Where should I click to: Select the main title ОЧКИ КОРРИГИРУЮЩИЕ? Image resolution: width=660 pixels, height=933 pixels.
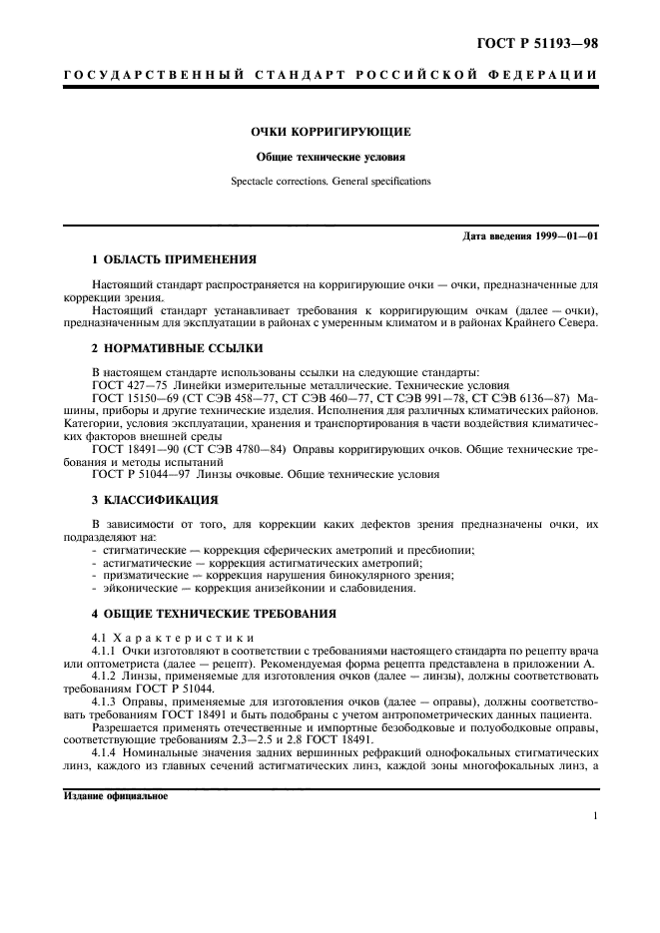coord(330,131)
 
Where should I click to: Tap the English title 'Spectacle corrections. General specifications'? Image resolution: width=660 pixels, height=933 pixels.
coord(330,182)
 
